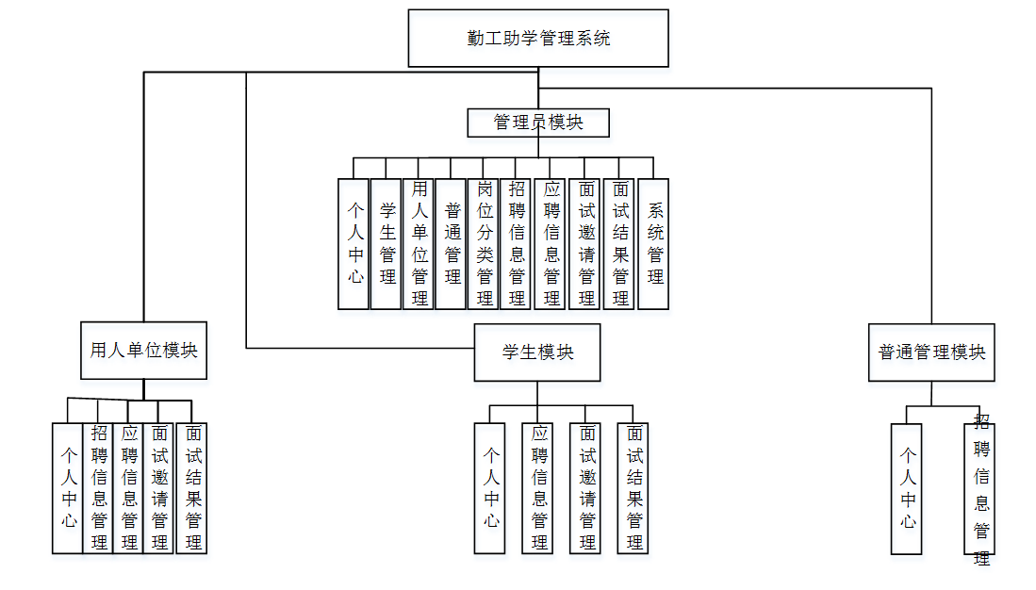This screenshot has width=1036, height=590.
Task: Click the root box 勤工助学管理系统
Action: pyautogui.click(x=538, y=39)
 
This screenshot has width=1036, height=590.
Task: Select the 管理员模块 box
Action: pyautogui.click(x=538, y=123)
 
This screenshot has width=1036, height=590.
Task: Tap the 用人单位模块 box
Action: pyautogui.click(x=143, y=351)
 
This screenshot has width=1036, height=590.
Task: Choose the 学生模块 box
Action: pyautogui.click(x=537, y=352)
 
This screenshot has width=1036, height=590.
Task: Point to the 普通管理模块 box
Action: pyautogui.click(x=931, y=352)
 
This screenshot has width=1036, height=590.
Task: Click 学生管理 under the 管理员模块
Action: pyautogui.click(x=386, y=243)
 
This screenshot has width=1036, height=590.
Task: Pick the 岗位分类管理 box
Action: pyautogui.click(x=485, y=243)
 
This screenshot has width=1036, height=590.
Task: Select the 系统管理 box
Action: pyautogui.click(x=653, y=243)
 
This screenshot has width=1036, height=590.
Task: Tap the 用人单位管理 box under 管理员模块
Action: pyautogui.click(x=419, y=243)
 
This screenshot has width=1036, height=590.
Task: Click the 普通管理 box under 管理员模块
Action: pyautogui.click(x=452, y=243)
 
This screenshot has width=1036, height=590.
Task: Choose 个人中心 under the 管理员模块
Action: pyautogui.click(x=354, y=243)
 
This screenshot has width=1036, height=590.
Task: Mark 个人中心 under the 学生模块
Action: pyautogui.click(x=490, y=487)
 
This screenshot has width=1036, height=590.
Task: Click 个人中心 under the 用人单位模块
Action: pyautogui.click(x=67, y=487)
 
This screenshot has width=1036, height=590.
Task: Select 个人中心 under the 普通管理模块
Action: pyautogui.click(x=907, y=488)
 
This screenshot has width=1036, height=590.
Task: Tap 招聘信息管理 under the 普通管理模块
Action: pyautogui.click(x=980, y=488)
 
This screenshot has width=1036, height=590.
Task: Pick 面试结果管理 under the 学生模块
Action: pyautogui.click(x=633, y=487)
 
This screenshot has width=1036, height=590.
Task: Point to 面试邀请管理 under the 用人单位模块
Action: pyautogui.click(x=159, y=487)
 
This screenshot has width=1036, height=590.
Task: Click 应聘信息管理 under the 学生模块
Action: pyautogui.click(x=538, y=487)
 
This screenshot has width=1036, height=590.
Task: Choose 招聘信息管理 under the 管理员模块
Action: pyautogui.click(x=517, y=243)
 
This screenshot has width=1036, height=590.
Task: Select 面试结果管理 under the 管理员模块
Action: pyautogui.click(x=619, y=243)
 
